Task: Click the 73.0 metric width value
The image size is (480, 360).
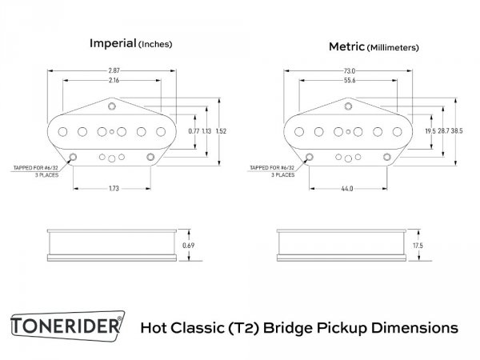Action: [x=350, y=70]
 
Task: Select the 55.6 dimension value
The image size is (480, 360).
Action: [x=348, y=82]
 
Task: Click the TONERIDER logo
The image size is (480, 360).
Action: [x=66, y=326]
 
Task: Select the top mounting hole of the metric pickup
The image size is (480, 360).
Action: [x=347, y=104]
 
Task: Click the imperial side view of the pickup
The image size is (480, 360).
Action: [x=113, y=244]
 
